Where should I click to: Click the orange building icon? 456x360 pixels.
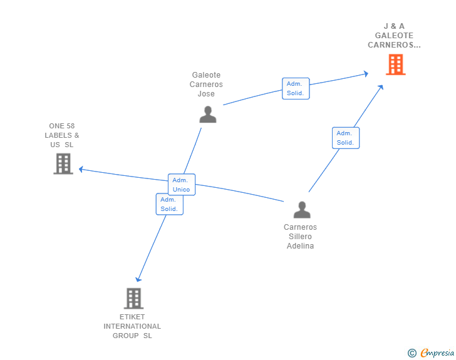tap(395, 64)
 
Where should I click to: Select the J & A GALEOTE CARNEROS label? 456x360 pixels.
tap(394, 36)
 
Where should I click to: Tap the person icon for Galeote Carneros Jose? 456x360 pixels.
tap(207, 114)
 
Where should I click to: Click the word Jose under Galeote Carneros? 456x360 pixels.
tap(206, 94)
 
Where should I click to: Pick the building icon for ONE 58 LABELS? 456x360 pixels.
tap(63, 163)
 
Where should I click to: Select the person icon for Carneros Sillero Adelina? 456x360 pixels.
tap(301, 210)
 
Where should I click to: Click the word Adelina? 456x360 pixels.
tap(300, 246)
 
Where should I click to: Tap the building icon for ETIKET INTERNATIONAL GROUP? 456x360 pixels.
tap(133, 298)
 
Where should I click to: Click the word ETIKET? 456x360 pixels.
tap(132, 317)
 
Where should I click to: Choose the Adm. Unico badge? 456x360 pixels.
tap(182, 185)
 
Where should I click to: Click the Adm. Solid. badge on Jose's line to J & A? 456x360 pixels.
tap(295, 88)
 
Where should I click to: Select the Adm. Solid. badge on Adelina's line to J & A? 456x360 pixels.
tap(345, 138)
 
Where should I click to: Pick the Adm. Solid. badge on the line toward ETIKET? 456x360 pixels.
tap(169, 204)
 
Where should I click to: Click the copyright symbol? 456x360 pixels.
tap(412, 353)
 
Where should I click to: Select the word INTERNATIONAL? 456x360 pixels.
tap(132, 326)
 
